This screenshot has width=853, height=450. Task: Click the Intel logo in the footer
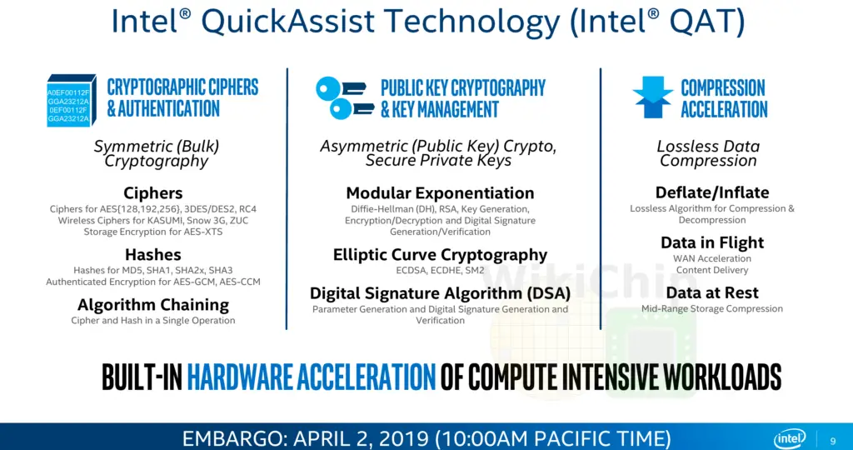coord(790,438)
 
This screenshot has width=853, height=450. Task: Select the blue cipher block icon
coord(72,100)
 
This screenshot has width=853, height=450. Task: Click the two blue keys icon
coord(344,98)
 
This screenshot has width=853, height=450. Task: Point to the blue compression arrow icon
coord(653,97)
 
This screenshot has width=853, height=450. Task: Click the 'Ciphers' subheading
coord(153,192)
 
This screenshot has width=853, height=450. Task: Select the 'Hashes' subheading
coord(153,254)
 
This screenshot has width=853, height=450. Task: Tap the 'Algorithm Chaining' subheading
coord(153,304)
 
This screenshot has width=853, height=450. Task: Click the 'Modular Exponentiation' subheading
coord(440,192)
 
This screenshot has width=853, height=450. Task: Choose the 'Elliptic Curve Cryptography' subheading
coord(440,254)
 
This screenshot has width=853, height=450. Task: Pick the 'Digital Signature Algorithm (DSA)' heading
coord(440,293)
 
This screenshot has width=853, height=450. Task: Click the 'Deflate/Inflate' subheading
coord(712,192)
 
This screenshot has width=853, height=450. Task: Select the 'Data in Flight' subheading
coord(712,242)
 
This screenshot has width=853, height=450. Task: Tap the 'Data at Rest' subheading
coord(712,292)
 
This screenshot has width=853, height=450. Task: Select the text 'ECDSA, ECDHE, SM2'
coord(440,270)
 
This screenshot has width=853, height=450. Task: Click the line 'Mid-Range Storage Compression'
coord(712,308)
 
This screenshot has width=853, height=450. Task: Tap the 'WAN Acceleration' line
coord(712,258)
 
